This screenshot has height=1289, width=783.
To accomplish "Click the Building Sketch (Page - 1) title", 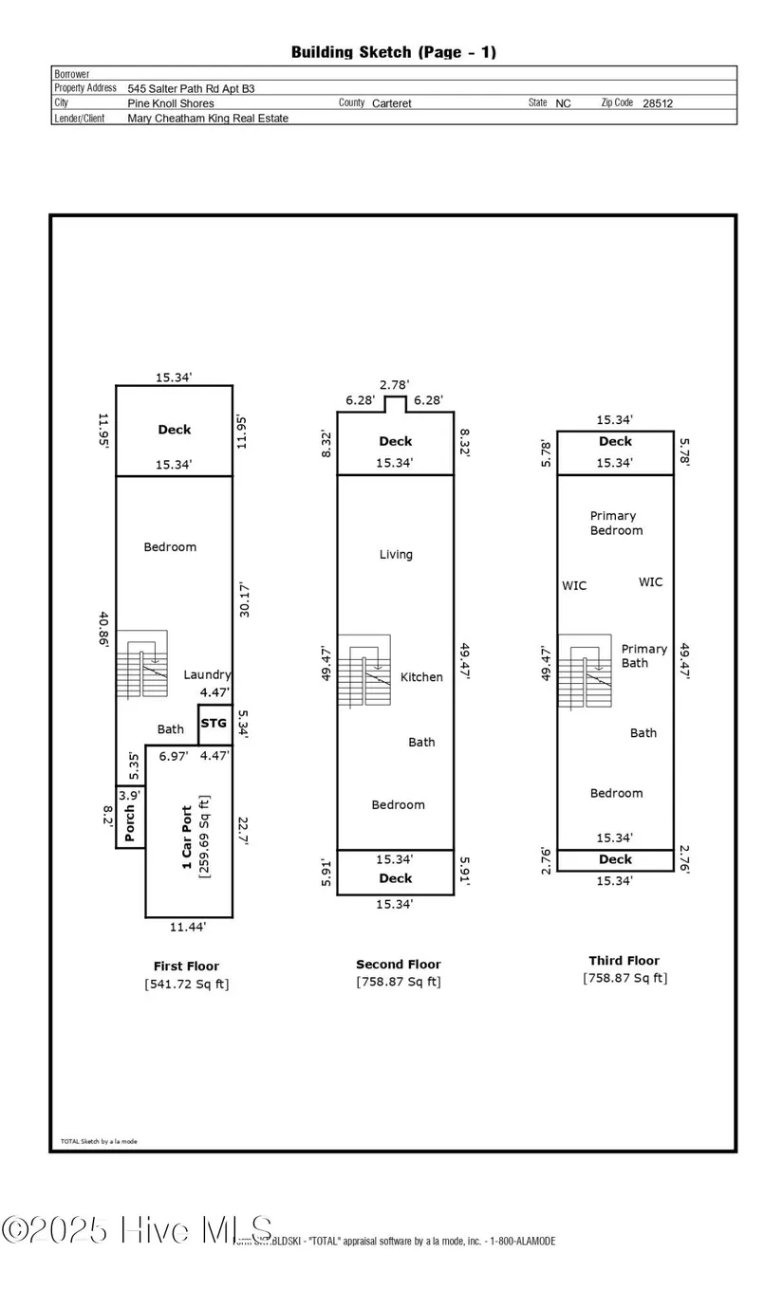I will (x=393, y=52).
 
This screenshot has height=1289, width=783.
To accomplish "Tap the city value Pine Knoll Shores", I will (x=171, y=103).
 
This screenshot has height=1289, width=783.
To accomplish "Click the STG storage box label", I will (x=214, y=724).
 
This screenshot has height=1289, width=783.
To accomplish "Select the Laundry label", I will (x=207, y=674).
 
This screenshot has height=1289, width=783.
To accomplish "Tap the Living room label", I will (x=396, y=554).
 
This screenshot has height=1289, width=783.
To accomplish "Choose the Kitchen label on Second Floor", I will (x=421, y=677).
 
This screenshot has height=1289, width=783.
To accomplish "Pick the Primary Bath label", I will (x=643, y=655).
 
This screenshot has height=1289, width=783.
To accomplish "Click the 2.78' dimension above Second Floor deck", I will (x=395, y=384).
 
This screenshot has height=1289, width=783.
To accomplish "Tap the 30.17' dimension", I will (x=245, y=599).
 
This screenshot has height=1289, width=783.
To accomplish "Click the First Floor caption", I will (x=186, y=967).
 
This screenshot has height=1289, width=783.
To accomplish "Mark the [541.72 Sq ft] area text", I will (x=186, y=984).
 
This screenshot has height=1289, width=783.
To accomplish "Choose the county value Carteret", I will (x=392, y=103).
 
